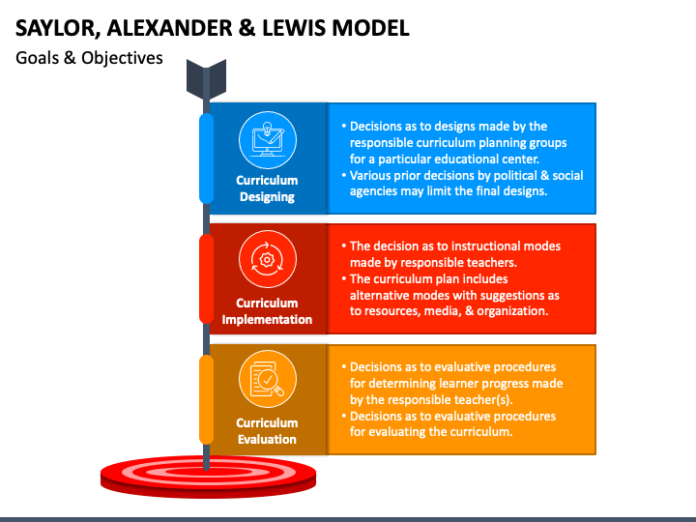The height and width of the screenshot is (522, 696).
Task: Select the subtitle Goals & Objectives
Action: click(x=89, y=58)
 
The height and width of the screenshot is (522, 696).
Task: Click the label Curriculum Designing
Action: click(x=267, y=188)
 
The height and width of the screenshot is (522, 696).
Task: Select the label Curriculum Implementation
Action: click(x=267, y=310)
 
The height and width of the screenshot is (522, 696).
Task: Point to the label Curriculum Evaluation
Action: click(x=267, y=430)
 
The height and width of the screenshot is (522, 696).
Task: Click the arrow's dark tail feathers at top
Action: click(x=206, y=76)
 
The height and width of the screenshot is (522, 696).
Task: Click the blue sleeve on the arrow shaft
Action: click(x=206, y=159)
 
